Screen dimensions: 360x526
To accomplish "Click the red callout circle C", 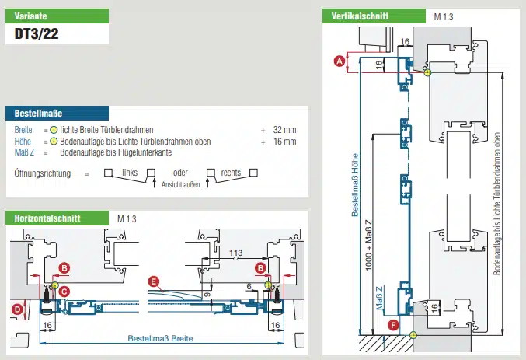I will click(x=64, y=291).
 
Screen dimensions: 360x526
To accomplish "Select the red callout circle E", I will click(x=154, y=281).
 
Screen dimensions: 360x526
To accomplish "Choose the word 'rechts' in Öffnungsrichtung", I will click(x=231, y=173).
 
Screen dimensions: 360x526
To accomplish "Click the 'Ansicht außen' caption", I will click(x=181, y=184).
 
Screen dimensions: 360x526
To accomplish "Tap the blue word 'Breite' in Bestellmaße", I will click(x=24, y=129).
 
